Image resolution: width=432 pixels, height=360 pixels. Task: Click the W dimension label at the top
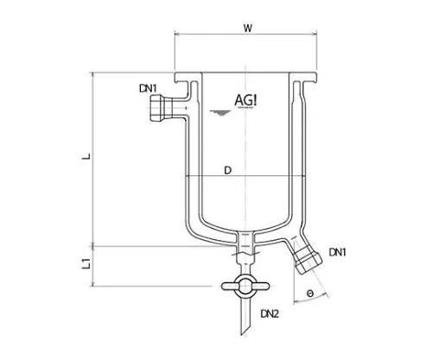tap(247, 28)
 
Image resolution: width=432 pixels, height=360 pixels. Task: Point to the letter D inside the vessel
tap(226, 171)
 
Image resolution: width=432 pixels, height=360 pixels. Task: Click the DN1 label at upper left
tap(147, 88)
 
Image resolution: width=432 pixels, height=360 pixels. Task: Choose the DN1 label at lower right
tap(340, 252)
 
